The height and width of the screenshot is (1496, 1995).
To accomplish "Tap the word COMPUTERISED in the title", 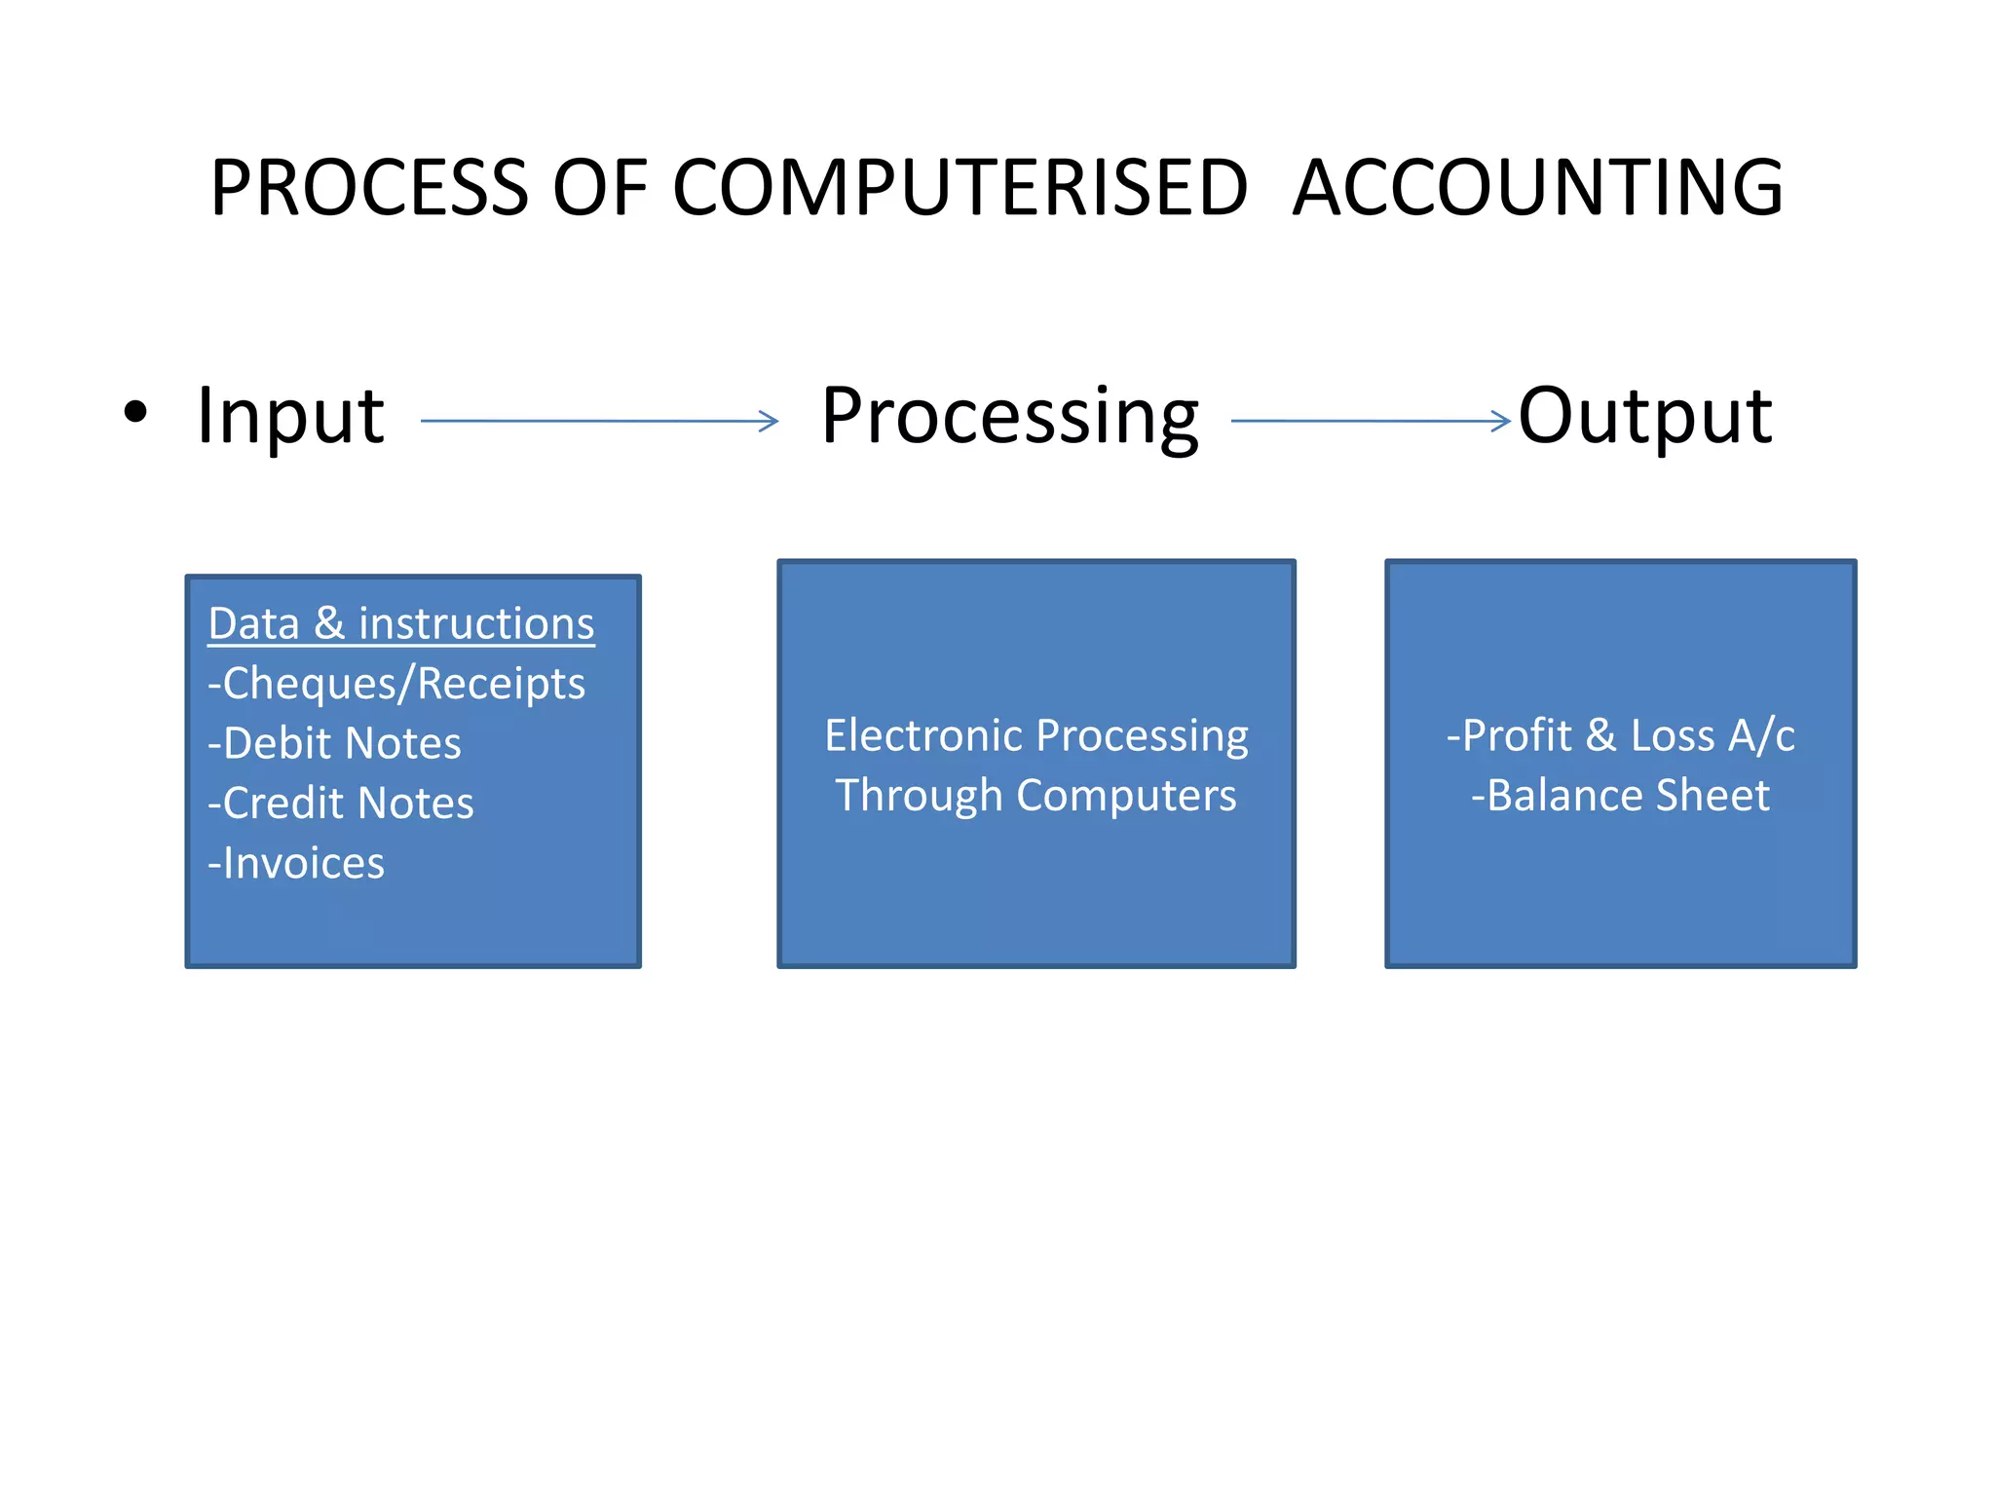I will pyautogui.click(x=960, y=187).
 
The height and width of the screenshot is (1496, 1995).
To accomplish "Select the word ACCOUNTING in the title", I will pyautogui.click(x=1538, y=187).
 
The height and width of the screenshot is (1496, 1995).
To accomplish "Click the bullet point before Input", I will pyautogui.click(x=136, y=412).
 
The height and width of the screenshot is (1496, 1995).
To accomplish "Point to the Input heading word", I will pyautogui.click(x=290, y=417).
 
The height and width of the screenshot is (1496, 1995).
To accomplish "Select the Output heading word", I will pyautogui.click(x=1645, y=417).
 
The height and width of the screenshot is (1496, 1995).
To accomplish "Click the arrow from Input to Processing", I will pyautogui.click(x=599, y=421).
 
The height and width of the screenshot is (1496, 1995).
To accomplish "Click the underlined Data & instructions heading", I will pyautogui.click(x=401, y=623).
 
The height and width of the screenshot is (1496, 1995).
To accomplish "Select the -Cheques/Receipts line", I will pyautogui.click(x=396, y=684).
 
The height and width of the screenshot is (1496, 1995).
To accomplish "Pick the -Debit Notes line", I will pyautogui.click(x=334, y=743).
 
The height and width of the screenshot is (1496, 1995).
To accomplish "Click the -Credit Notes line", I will pyautogui.click(x=341, y=804).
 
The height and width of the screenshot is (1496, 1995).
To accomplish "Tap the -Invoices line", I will pyautogui.click(x=296, y=864).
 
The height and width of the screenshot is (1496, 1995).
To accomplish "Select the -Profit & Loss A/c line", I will pyautogui.click(x=1620, y=735).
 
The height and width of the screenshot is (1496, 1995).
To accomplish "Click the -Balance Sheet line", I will pyautogui.click(x=1620, y=796).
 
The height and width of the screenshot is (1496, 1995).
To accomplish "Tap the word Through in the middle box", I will pyautogui.click(x=919, y=796).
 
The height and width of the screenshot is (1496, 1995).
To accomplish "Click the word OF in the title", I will pyautogui.click(x=600, y=187).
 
